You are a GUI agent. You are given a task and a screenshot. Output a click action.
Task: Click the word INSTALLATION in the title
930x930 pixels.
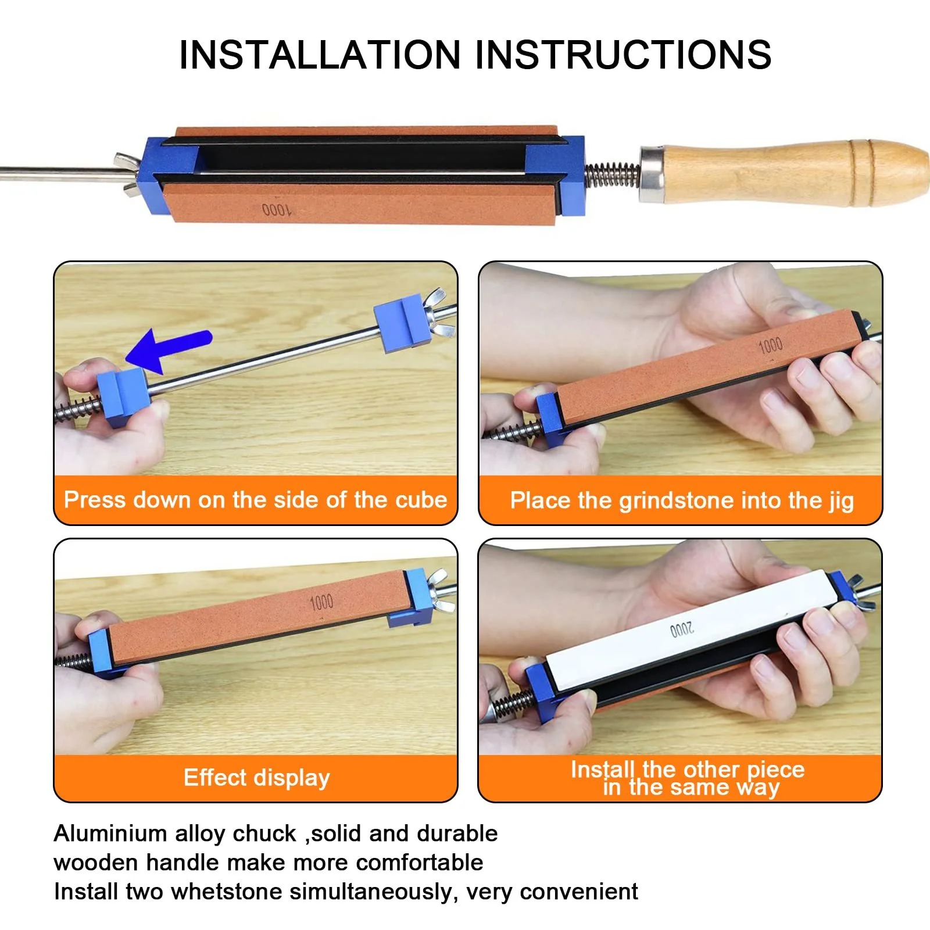320,55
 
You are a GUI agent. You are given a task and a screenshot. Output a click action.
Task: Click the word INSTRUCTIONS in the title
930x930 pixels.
624,55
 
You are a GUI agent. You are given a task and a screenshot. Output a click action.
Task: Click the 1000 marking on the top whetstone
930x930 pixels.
277,209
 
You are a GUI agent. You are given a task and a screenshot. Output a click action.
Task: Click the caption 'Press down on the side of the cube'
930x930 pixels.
256,500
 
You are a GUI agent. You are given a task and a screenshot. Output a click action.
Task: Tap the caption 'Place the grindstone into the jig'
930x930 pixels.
682,501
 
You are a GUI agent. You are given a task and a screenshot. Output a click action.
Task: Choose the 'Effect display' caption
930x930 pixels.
257,778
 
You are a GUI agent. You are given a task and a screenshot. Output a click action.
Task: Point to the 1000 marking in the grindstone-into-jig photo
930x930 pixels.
771,346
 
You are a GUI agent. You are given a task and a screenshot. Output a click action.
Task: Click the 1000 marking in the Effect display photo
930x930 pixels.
321,602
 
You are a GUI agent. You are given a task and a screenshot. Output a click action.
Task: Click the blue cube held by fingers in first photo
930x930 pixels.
123,397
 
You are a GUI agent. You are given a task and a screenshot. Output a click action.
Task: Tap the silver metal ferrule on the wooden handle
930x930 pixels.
652,174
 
